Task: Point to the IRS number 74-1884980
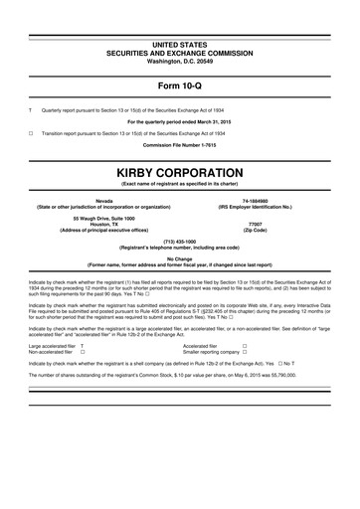tap(254, 200)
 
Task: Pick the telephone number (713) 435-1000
tap(179, 240)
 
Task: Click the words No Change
tap(179, 257)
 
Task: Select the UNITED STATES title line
tap(179, 18)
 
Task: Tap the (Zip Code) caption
tap(254, 231)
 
